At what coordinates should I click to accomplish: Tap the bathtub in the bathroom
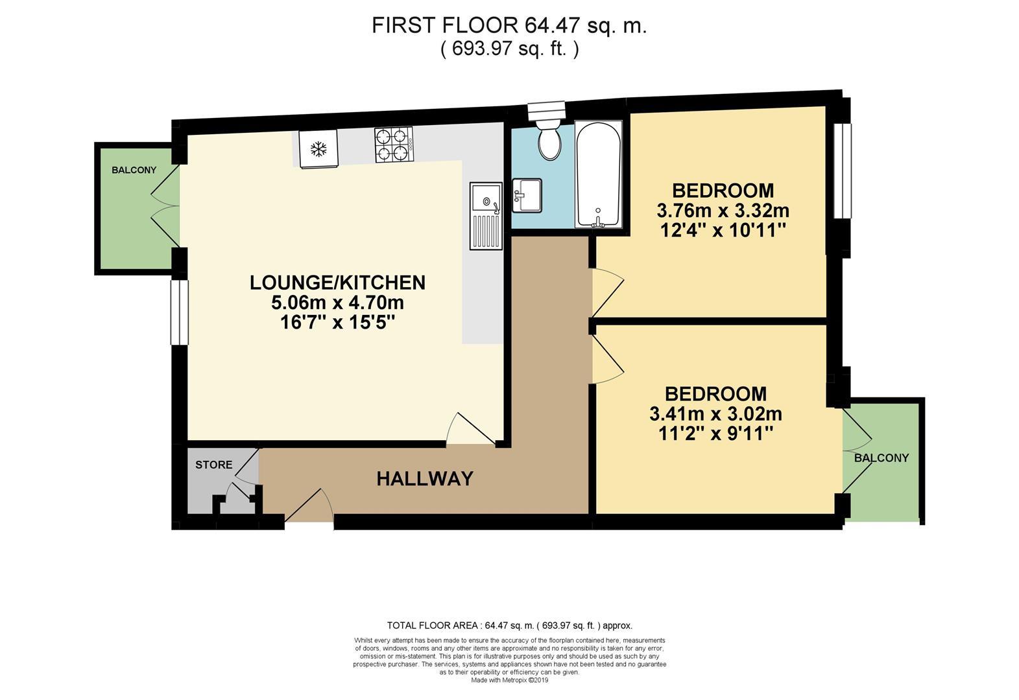(x=598, y=174)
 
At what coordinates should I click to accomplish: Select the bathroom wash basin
(x=526, y=195)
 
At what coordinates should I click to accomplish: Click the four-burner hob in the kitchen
(x=394, y=145)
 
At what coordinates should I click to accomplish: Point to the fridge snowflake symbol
(x=318, y=149)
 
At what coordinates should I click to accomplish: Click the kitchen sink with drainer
(x=486, y=215)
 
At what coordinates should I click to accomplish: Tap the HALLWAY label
(x=425, y=479)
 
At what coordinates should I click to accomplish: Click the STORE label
(x=213, y=465)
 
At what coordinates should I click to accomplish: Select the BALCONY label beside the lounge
(x=134, y=170)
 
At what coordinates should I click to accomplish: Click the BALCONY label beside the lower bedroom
(x=881, y=458)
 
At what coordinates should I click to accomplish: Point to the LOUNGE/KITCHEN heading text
(x=337, y=283)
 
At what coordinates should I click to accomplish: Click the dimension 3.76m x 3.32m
(x=723, y=211)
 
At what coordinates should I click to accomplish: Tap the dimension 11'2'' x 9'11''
(x=715, y=434)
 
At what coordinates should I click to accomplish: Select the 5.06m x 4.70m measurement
(x=337, y=303)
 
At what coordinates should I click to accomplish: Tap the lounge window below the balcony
(x=179, y=312)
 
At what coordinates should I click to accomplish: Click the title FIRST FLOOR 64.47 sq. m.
(x=509, y=26)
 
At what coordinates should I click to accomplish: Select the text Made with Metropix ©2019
(x=509, y=681)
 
